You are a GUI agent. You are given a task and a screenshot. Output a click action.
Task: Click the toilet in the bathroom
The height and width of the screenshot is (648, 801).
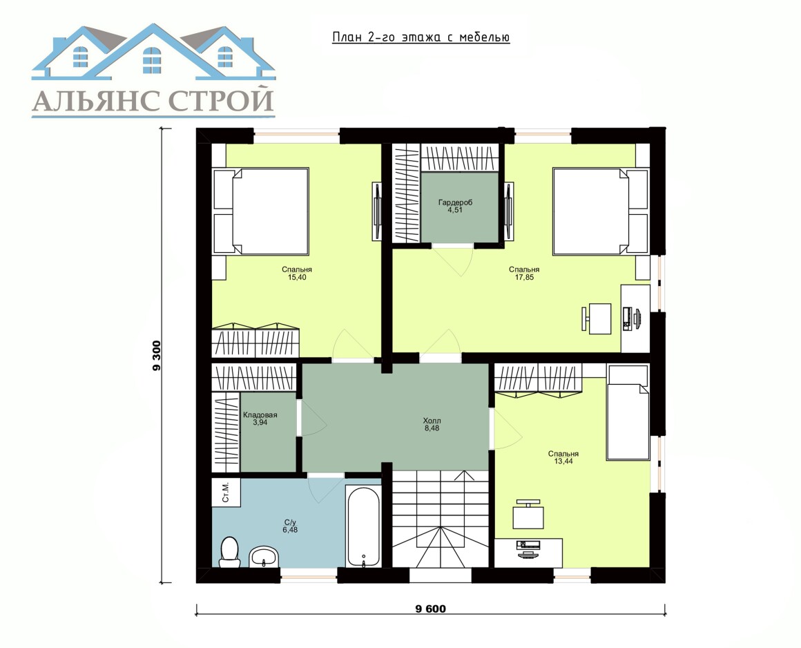point(229,551)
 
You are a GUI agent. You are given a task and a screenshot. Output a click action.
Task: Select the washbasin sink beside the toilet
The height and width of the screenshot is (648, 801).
point(264,557)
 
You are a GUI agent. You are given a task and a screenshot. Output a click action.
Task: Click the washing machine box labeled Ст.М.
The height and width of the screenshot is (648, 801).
point(226,493)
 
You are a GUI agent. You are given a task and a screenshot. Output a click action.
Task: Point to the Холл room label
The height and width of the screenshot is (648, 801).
point(432,421)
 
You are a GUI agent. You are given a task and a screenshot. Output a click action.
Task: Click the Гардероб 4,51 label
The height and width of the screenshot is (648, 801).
point(455,206)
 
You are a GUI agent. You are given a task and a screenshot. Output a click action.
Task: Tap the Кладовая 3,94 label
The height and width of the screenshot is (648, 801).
point(260,419)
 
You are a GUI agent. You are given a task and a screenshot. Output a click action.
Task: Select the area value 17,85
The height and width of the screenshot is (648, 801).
point(525,278)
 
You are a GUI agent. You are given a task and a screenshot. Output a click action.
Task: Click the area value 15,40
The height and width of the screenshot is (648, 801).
point(297,278)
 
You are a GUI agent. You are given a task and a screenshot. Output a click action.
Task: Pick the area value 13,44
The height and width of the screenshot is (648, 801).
point(563,461)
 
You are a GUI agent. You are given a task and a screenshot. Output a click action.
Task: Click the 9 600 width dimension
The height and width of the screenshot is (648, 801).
point(431,609)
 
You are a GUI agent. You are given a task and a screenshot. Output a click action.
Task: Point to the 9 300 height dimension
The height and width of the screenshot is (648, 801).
point(156,356)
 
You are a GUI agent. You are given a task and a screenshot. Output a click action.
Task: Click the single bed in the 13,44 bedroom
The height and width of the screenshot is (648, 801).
point(628,413)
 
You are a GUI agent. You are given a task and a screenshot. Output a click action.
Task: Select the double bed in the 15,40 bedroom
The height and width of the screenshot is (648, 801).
point(260,211)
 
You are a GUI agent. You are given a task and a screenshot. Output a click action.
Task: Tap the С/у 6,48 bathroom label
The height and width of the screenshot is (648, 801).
point(290,526)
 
